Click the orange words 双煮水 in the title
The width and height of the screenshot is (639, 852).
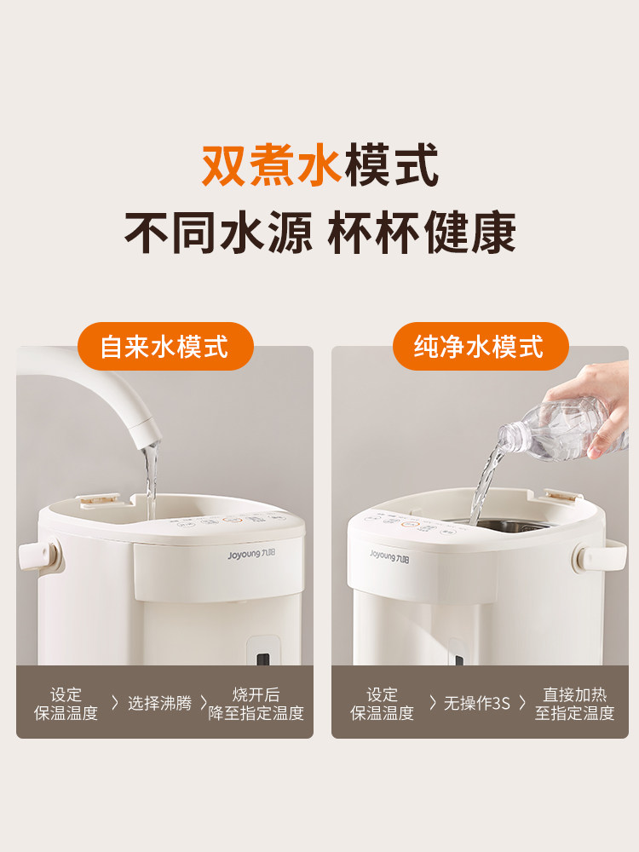point(271,165)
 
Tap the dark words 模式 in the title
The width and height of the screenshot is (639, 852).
point(391,165)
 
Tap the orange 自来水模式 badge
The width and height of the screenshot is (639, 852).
point(164,346)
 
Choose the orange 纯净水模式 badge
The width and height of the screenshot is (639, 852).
point(479,346)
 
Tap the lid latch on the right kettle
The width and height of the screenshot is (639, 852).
point(559,496)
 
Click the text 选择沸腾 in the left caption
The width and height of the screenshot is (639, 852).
point(159,704)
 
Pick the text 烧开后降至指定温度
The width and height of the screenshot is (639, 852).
point(256,704)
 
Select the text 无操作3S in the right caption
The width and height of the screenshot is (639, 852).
point(476,704)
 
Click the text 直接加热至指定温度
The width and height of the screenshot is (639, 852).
point(574,704)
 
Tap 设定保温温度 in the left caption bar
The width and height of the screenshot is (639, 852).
point(66,704)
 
